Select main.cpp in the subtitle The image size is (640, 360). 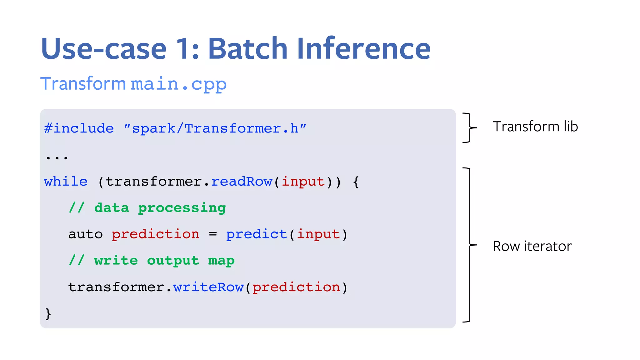tap(178, 84)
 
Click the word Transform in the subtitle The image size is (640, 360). tap(83, 84)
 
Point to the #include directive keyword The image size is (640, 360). tap(79, 128)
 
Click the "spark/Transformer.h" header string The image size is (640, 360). tap(215, 128)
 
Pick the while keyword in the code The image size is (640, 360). tap(66, 181)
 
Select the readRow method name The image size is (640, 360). tap(242, 181)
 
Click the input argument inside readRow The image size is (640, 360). tap(303, 181)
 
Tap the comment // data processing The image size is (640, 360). tap(147, 208)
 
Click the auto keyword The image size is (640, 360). tap(85, 234)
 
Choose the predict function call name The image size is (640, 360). tap(256, 234)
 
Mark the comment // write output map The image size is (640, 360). tap(152, 260)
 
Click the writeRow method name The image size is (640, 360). tap(208, 287)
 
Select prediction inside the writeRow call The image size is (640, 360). tap(296, 287)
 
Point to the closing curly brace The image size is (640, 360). tap(48, 313)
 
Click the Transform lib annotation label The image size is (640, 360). tap(535, 127)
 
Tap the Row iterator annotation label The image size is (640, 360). tap(532, 246)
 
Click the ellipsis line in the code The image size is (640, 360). tap(57, 157)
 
